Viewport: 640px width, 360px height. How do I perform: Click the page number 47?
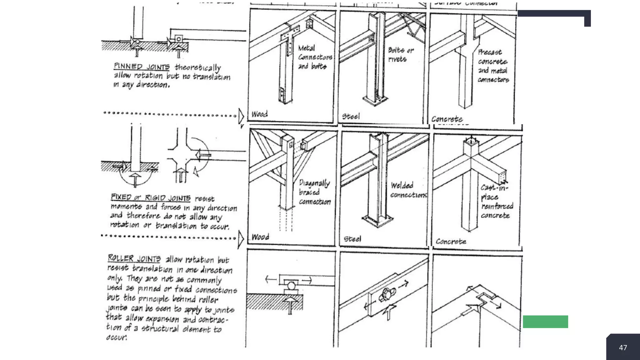point(623,347)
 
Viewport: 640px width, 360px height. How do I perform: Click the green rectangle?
point(545,322)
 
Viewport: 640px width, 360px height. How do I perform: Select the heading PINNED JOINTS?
point(142,67)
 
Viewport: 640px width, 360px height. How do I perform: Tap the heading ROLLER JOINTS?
point(134,258)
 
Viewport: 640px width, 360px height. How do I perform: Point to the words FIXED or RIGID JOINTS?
point(151,197)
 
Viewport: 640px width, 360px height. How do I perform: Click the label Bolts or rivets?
point(400,54)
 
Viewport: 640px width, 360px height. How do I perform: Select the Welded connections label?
point(408,190)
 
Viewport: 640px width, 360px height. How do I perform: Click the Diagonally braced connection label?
point(314,192)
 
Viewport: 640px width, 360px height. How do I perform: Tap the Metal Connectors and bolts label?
point(314,57)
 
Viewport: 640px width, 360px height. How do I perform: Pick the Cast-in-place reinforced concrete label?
point(496,201)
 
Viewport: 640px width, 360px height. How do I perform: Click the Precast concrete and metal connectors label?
point(493,66)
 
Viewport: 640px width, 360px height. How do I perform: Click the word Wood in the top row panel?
point(259,114)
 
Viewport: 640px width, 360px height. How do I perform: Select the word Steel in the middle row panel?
point(352,239)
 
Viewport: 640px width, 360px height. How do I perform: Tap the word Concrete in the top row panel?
point(447,119)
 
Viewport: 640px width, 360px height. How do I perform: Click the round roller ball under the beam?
point(291,286)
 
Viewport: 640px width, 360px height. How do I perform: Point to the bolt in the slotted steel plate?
point(386,294)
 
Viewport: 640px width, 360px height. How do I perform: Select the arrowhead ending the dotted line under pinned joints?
point(241,116)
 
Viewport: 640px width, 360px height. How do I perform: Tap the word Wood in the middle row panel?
point(260,237)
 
